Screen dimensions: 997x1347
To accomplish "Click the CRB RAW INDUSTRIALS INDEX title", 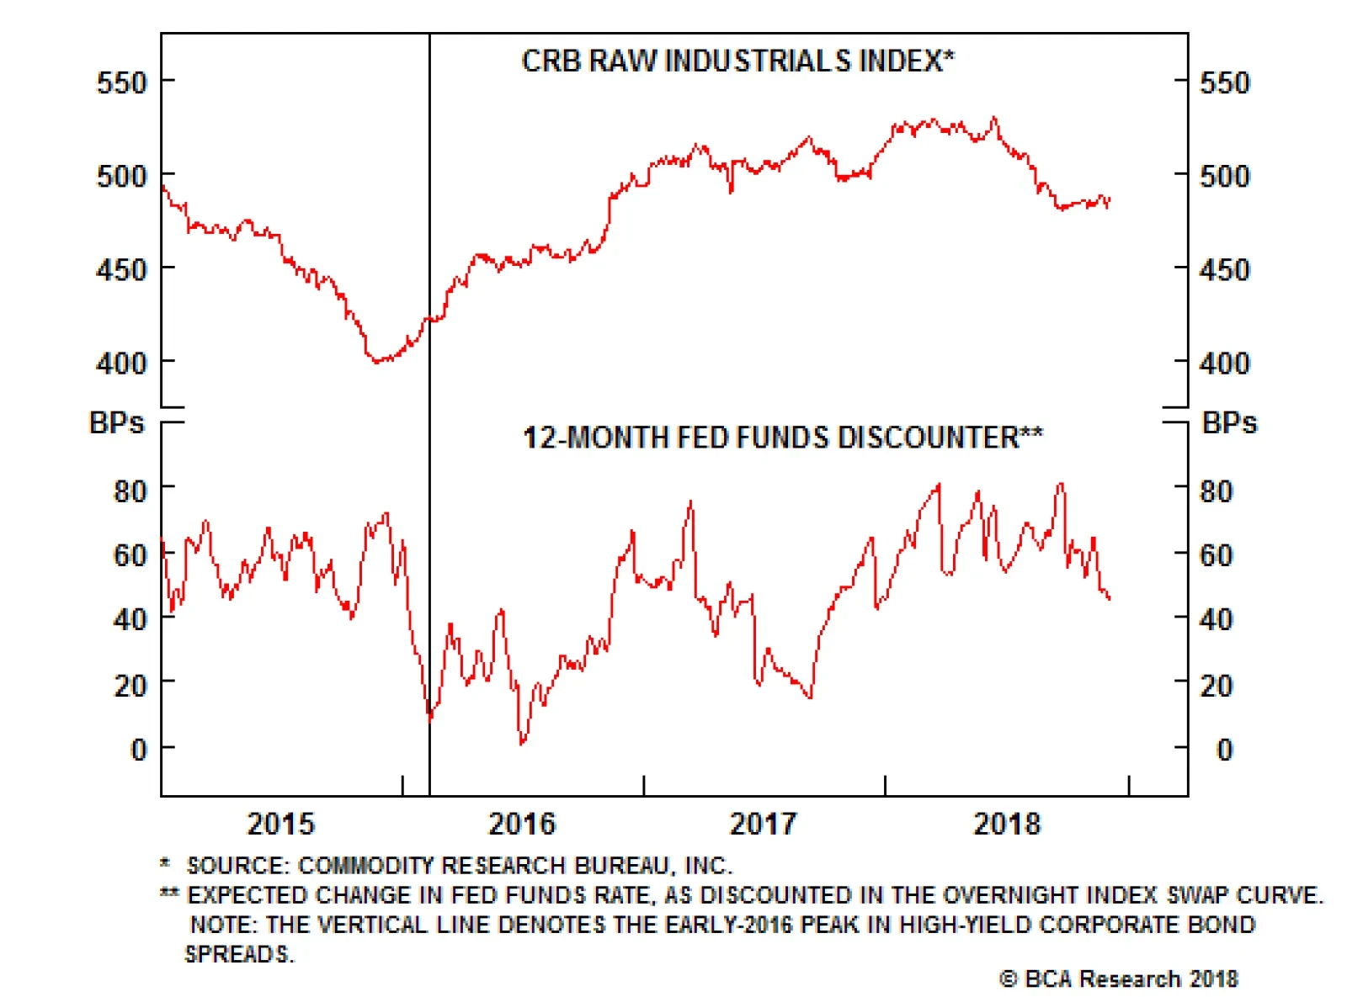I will (x=737, y=61).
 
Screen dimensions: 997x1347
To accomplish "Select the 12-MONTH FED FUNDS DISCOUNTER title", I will (x=783, y=438).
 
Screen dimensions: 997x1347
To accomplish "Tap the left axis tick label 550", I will (x=121, y=82).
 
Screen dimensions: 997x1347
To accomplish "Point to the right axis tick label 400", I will (x=1224, y=363).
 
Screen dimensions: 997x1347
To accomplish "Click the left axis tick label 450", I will (x=121, y=270).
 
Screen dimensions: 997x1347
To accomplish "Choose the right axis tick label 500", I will (x=1224, y=176).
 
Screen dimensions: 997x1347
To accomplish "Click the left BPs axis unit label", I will (x=116, y=422).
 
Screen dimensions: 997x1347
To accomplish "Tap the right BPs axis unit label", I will (x=1229, y=422).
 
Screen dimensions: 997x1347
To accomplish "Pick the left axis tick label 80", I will (x=130, y=491).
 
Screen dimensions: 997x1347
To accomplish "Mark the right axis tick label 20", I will (x=1216, y=686).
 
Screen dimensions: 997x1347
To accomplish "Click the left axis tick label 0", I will (x=139, y=750).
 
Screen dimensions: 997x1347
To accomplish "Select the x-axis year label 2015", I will (x=280, y=824).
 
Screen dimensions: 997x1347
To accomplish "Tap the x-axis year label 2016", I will (x=522, y=824).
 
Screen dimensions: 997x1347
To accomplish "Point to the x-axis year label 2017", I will (x=763, y=824).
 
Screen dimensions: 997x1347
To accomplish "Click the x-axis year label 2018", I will (x=1007, y=824).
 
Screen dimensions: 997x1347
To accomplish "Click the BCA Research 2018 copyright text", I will (x=1119, y=978).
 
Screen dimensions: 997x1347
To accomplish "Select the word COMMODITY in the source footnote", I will (x=365, y=866).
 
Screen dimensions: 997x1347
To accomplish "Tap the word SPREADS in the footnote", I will (x=239, y=955).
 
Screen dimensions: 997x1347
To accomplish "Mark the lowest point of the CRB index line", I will (x=375, y=361).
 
